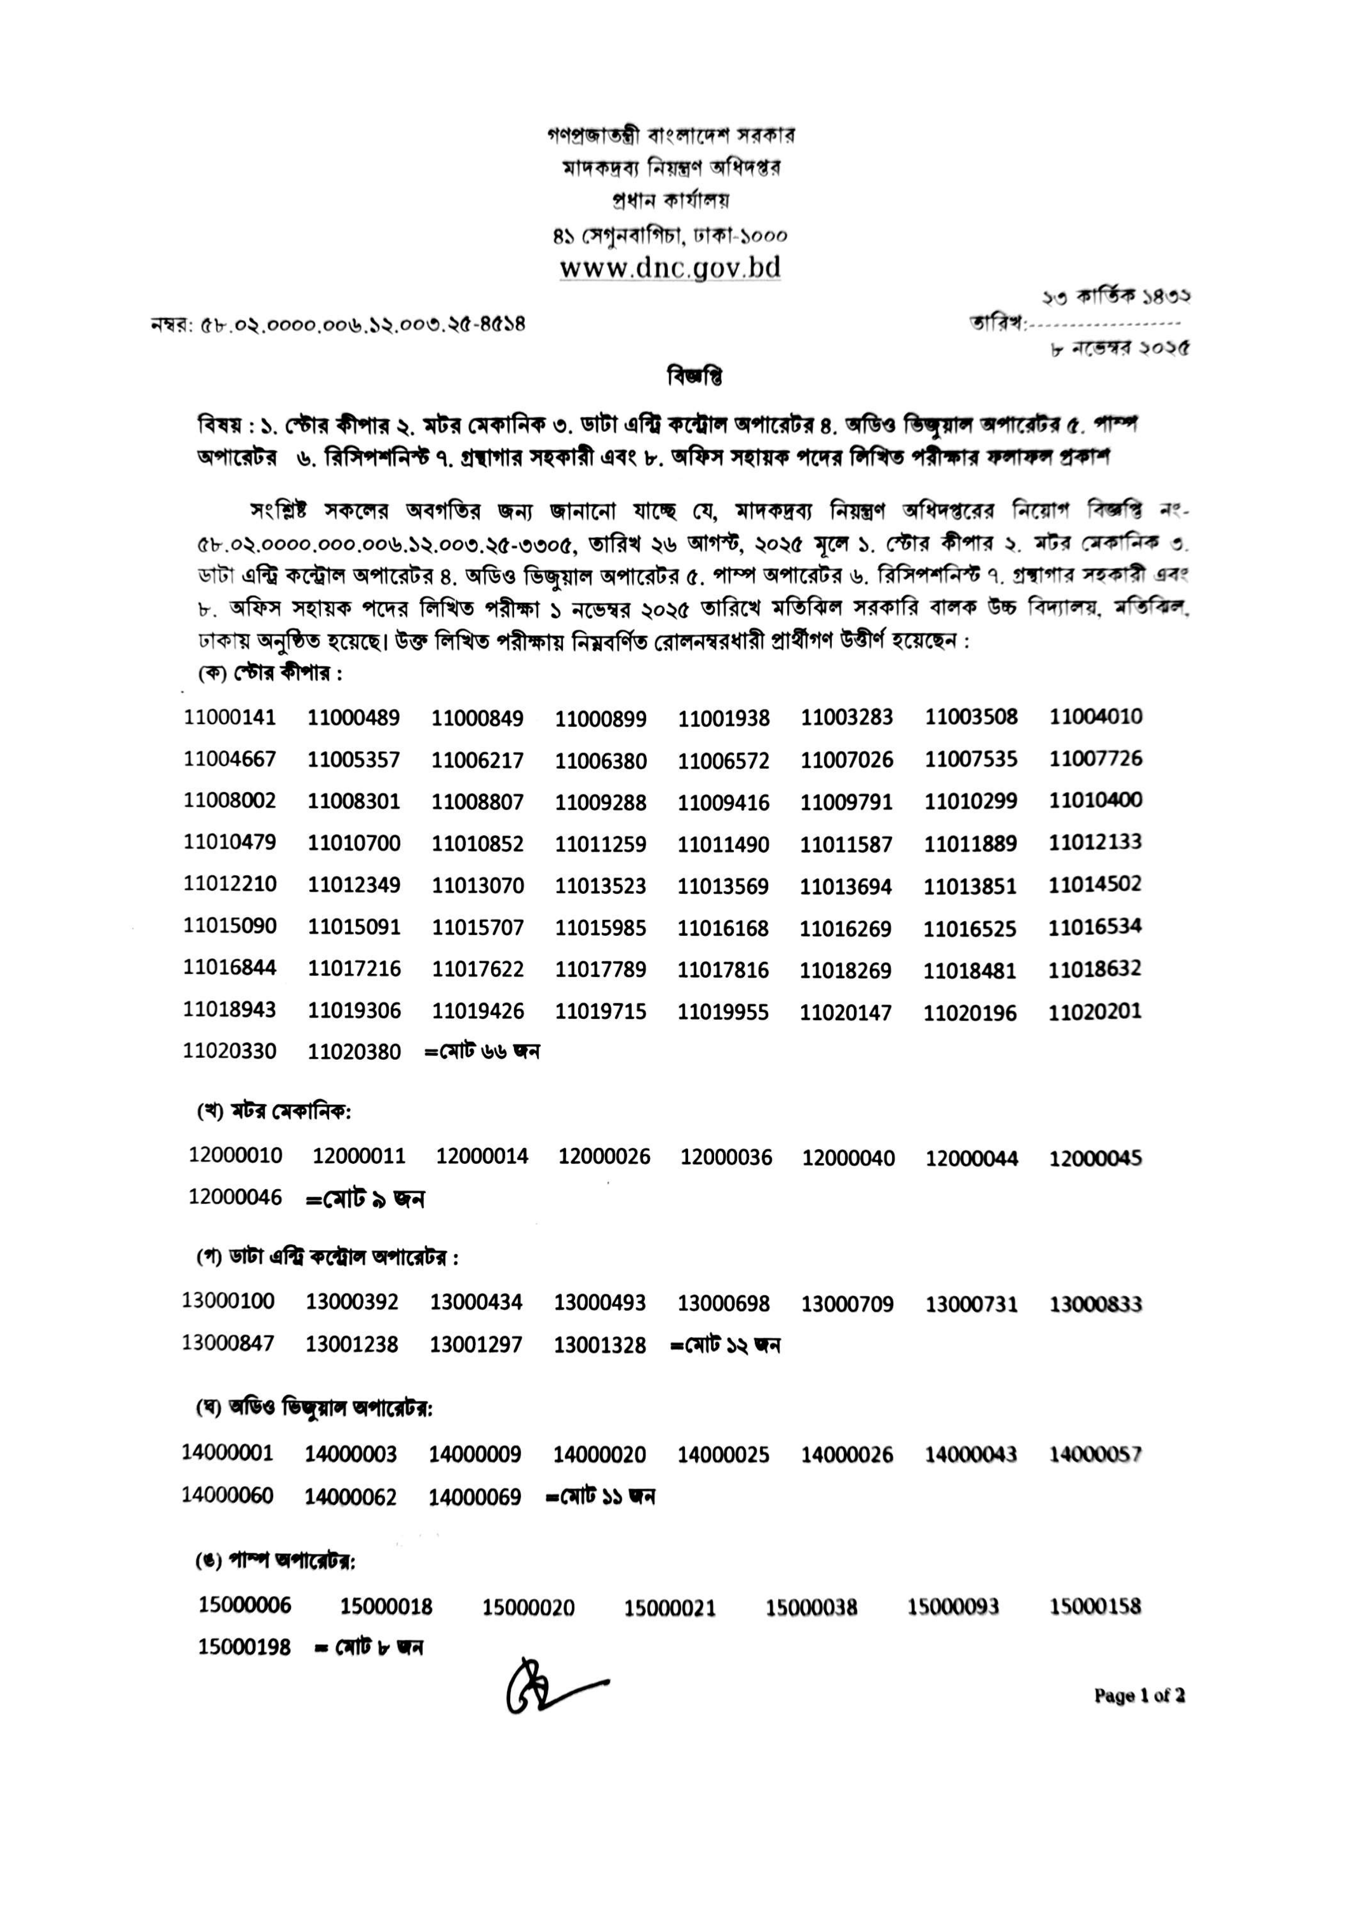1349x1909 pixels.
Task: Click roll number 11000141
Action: [230, 716]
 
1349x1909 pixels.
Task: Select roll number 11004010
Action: [1096, 716]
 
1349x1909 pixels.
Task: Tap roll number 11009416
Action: [723, 802]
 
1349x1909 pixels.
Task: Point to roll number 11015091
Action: [354, 926]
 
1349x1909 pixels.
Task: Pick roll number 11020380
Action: [354, 1052]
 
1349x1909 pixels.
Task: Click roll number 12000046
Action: [235, 1197]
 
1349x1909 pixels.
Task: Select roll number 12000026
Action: [604, 1156]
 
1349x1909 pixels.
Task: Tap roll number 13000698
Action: [723, 1303]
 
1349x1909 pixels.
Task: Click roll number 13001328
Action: [599, 1344]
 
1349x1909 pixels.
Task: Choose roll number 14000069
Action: [475, 1497]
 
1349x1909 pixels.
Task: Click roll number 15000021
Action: [670, 1608]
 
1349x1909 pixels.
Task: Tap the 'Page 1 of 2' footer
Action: [1138, 1695]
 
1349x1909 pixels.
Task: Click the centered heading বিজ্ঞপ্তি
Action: [695, 376]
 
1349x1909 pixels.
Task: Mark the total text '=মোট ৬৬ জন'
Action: [482, 1052]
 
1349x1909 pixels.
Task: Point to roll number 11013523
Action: [600, 886]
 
